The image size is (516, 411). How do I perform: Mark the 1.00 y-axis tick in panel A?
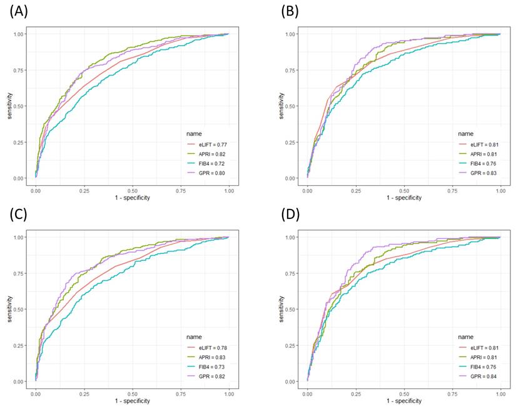pyautogui.click(x=22, y=34)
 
